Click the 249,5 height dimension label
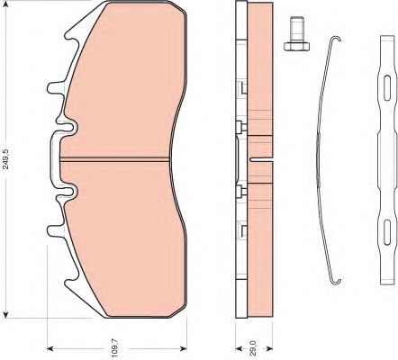(x=6, y=158)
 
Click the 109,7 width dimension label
(x=116, y=348)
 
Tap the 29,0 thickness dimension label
(x=253, y=348)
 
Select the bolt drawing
(x=296, y=33)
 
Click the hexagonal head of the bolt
(x=296, y=47)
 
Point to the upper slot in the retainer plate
(x=387, y=88)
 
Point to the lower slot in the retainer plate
(x=387, y=232)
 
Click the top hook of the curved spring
(x=336, y=39)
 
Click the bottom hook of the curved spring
(x=336, y=281)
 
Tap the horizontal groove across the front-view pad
(x=114, y=159)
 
